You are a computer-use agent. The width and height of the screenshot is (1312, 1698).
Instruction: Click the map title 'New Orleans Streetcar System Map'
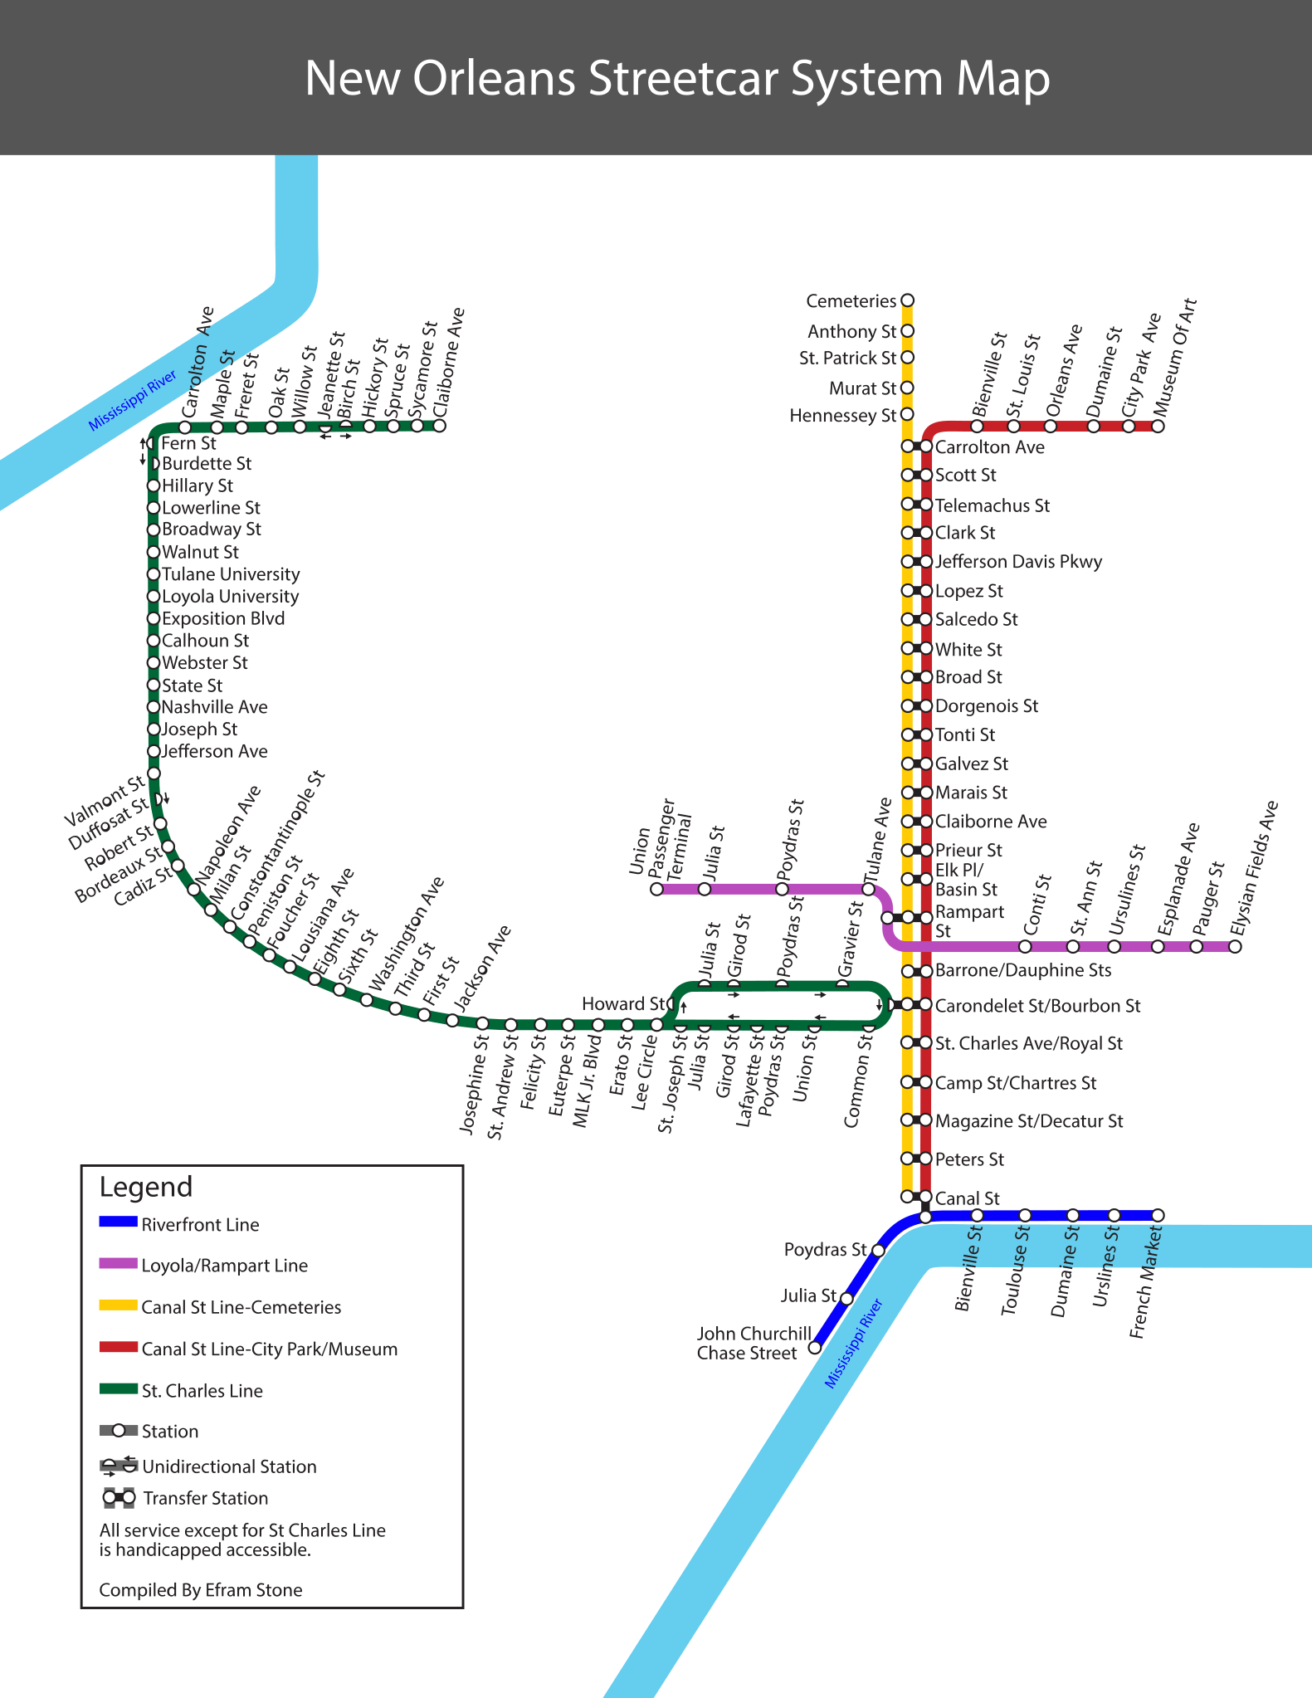(x=677, y=79)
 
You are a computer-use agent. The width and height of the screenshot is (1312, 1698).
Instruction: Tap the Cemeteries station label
(x=851, y=301)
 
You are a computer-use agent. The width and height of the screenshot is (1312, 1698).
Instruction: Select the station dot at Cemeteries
(x=907, y=300)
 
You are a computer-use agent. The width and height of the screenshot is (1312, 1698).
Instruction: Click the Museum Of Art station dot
(x=1158, y=427)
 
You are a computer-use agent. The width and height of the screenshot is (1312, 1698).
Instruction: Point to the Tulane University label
(x=231, y=574)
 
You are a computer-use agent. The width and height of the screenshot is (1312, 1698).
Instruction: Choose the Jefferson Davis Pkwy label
(x=1018, y=562)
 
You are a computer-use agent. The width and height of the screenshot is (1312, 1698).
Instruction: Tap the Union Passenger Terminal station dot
(x=657, y=889)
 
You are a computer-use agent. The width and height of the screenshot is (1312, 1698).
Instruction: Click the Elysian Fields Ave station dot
(x=1235, y=947)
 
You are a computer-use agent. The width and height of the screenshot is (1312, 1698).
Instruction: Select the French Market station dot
(x=1158, y=1216)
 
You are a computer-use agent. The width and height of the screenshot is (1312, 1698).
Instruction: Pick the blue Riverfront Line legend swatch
(x=118, y=1222)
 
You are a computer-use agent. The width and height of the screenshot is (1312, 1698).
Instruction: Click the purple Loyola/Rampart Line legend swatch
(x=118, y=1264)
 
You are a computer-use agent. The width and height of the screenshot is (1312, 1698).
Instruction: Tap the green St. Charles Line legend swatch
(x=118, y=1388)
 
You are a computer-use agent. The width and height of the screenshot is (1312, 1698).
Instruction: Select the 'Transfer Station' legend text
(x=205, y=1498)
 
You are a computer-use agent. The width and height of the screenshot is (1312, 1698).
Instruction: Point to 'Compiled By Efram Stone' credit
(x=201, y=1590)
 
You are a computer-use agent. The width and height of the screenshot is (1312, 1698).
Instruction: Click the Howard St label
(x=622, y=1004)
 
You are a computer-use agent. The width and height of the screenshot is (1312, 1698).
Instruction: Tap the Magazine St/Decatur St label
(x=1029, y=1121)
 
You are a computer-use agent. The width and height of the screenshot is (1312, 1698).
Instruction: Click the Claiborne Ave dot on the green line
(x=440, y=427)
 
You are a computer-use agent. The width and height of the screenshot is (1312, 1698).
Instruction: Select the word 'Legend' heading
(x=146, y=1187)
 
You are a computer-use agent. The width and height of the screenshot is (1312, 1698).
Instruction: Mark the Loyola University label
(x=230, y=597)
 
